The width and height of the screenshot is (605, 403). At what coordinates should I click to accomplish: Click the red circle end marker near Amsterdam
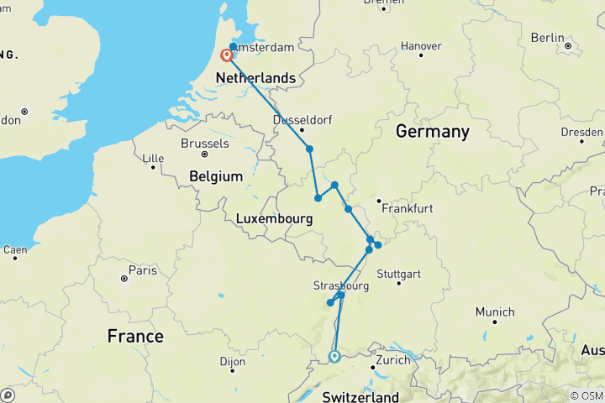pos(226,56)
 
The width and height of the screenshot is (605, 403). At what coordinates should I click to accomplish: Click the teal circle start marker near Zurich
pos(334,357)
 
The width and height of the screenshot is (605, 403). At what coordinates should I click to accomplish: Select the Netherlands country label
pos(256,78)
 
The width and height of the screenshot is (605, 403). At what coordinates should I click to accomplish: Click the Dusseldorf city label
pos(302,120)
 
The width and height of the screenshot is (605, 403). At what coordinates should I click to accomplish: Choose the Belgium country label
pos(216,176)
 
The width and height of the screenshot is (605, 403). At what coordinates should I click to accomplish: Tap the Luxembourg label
pos(274,218)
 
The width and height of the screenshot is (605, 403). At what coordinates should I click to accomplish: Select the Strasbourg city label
pos(341,285)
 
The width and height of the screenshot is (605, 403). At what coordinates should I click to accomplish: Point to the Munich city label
pos(494,312)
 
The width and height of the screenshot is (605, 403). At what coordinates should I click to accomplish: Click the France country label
pos(135,336)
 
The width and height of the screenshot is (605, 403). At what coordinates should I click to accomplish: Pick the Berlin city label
pos(547,38)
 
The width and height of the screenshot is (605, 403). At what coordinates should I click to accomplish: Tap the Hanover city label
pos(422,45)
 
